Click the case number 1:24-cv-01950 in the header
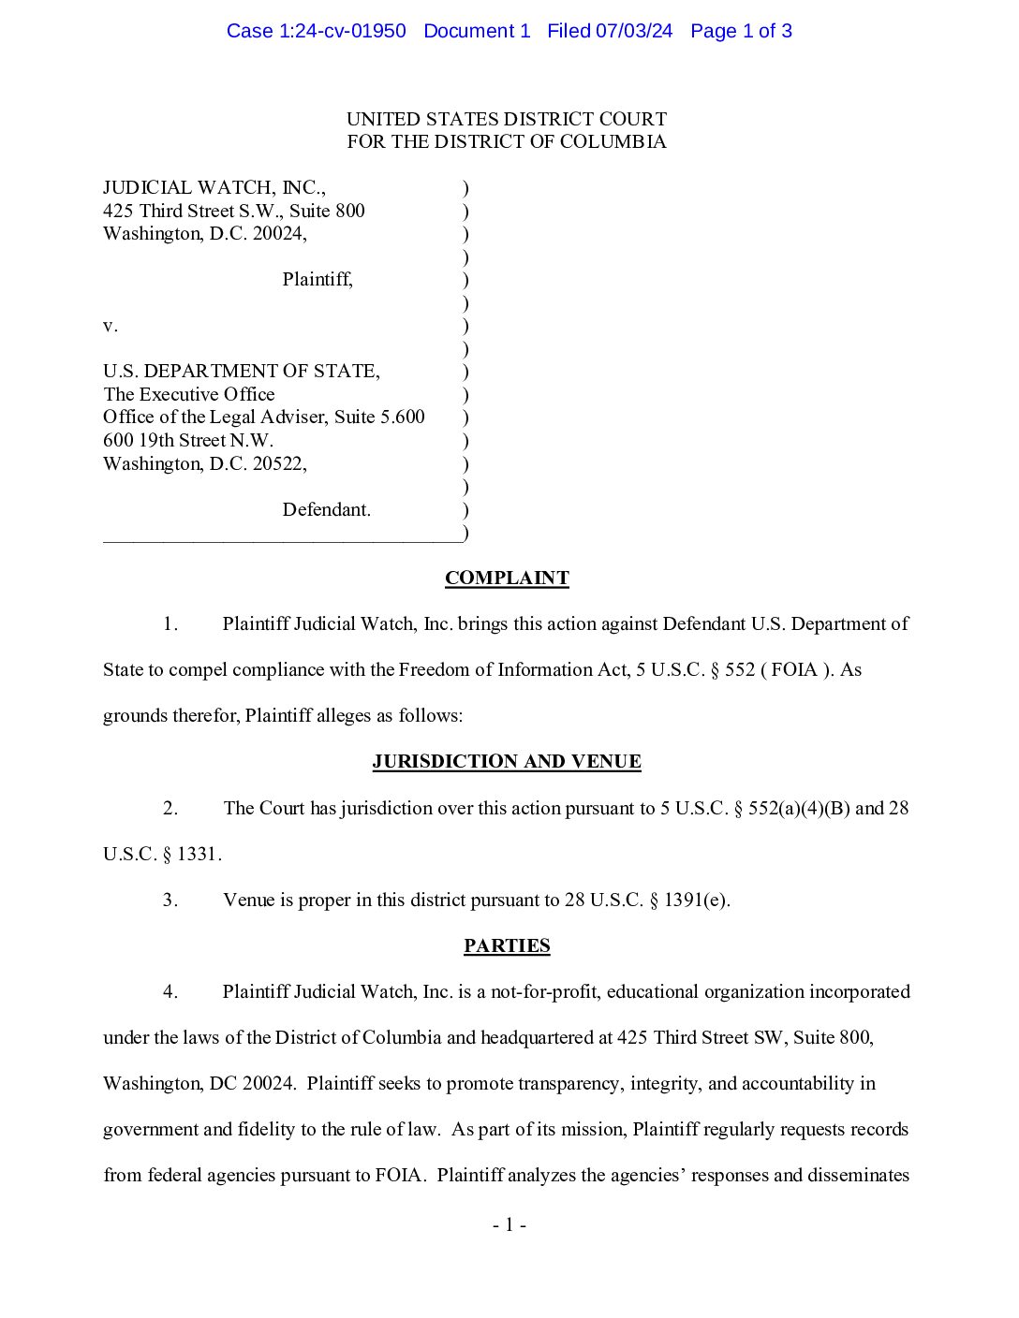coord(343,31)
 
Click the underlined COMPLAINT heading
coord(507,578)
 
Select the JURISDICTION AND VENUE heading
coord(507,762)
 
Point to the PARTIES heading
coord(507,946)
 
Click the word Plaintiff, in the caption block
coord(318,280)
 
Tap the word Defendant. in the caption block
coord(326,510)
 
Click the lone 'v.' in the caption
coord(111,326)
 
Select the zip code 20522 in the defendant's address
coord(278,464)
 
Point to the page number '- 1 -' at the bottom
coord(509,1225)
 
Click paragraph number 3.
coord(170,901)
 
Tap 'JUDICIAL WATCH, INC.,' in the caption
coord(214,188)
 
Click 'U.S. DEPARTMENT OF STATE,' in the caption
coord(242,372)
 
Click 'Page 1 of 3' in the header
coord(741,31)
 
